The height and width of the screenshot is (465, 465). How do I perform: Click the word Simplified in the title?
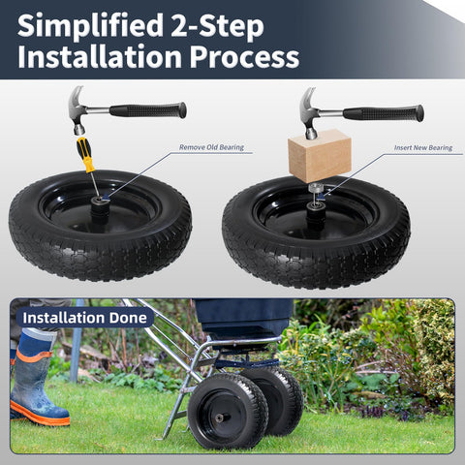pyautogui.click(x=91, y=26)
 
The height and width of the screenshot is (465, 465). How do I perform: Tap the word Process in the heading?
pyautogui.click(x=244, y=57)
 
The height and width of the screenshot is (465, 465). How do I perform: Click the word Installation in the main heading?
pyautogui.click(x=100, y=56)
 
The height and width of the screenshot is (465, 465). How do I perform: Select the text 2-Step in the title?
pyautogui.click(x=217, y=26)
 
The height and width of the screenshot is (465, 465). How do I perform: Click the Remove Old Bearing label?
pyautogui.click(x=211, y=147)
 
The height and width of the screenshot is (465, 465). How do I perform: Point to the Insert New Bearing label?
pyautogui.click(x=423, y=147)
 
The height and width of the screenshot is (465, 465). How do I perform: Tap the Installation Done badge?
pyautogui.click(x=85, y=318)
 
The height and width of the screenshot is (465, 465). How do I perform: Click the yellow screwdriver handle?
pyautogui.click(x=85, y=155)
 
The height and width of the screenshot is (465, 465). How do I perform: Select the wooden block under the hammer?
pyautogui.click(x=320, y=155)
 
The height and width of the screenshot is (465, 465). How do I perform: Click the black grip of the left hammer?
pyautogui.click(x=148, y=110)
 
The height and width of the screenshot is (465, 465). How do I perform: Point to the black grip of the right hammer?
pyautogui.click(x=384, y=113)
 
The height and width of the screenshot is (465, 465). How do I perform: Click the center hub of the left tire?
pyautogui.click(x=99, y=210)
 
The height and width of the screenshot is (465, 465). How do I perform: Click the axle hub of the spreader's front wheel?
pyautogui.click(x=221, y=418)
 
